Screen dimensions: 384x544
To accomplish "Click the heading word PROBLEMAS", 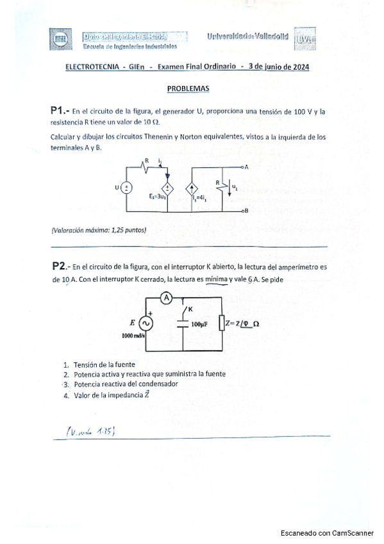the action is coord(188,89).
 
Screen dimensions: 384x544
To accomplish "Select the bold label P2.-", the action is coord(62,266).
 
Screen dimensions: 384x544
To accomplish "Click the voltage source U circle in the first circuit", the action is coord(127,188).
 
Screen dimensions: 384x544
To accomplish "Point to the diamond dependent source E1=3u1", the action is coord(168,188).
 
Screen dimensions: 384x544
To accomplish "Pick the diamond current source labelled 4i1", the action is coord(192,189).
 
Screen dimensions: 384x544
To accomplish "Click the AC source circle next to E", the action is coord(147,323).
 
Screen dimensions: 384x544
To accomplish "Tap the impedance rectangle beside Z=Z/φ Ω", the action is coord(221,324).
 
